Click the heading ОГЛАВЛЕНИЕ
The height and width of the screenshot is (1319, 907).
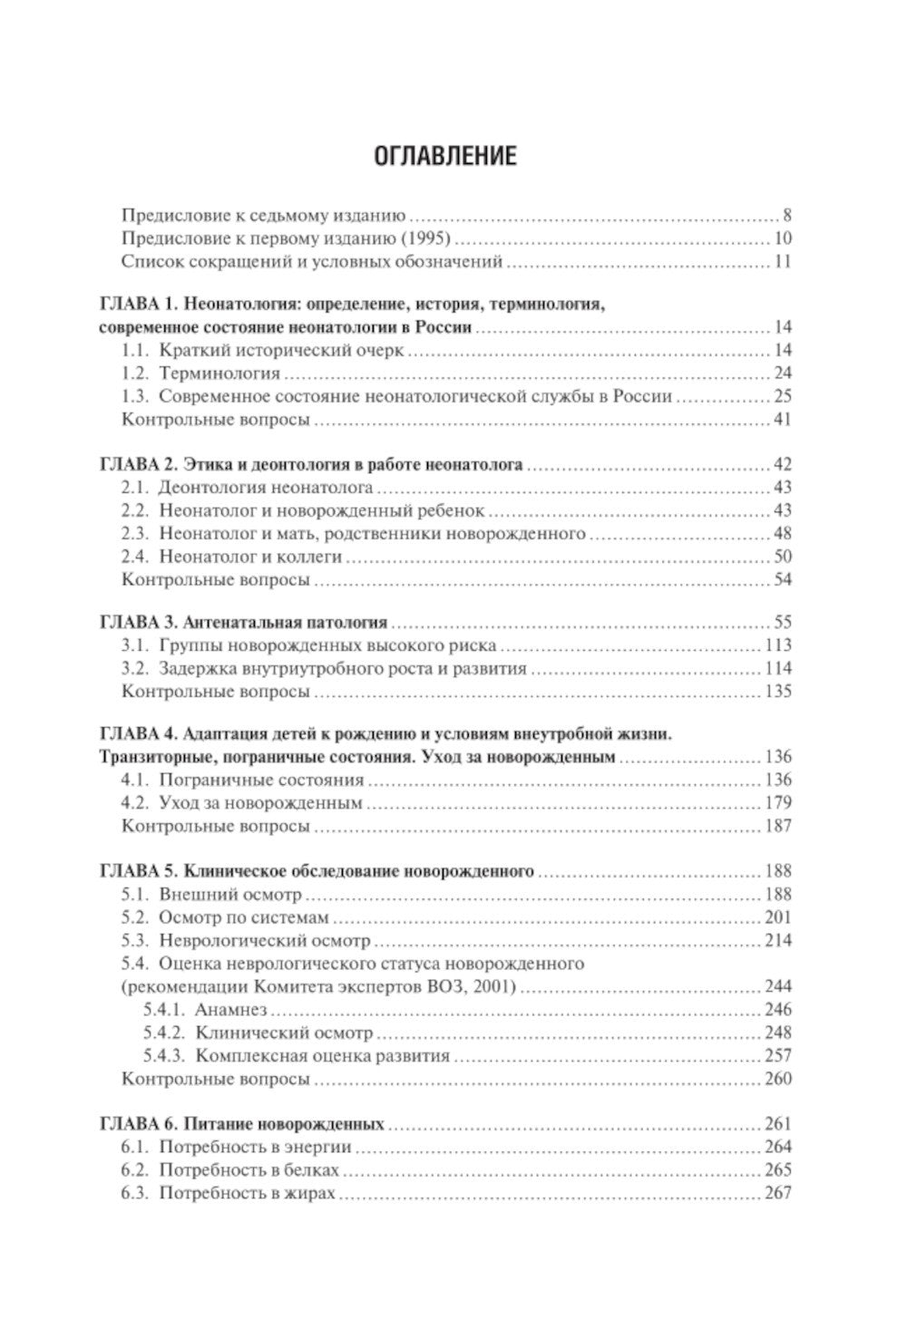click(445, 156)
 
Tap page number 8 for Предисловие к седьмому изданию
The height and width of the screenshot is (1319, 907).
click(787, 217)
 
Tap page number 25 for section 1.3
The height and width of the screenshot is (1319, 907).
click(782, 396)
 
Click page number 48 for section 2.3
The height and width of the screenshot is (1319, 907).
click(782, 534)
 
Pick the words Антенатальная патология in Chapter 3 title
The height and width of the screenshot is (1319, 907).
click(285, 623)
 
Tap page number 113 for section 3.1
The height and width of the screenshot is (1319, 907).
click(777, 646)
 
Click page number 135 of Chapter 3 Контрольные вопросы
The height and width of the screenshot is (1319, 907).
click(777, 692)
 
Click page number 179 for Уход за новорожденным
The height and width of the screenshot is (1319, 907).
click(777, 802)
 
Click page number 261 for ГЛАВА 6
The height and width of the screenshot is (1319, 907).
click(777, 1124)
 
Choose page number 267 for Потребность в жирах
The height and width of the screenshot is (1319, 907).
click(777, 1193)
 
